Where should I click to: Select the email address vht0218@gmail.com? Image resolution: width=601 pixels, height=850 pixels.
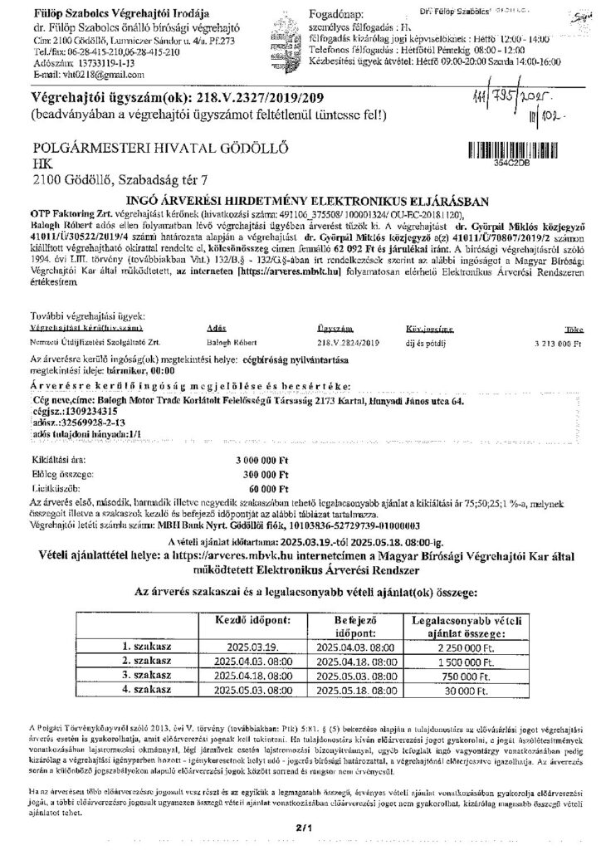click(74, 75)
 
